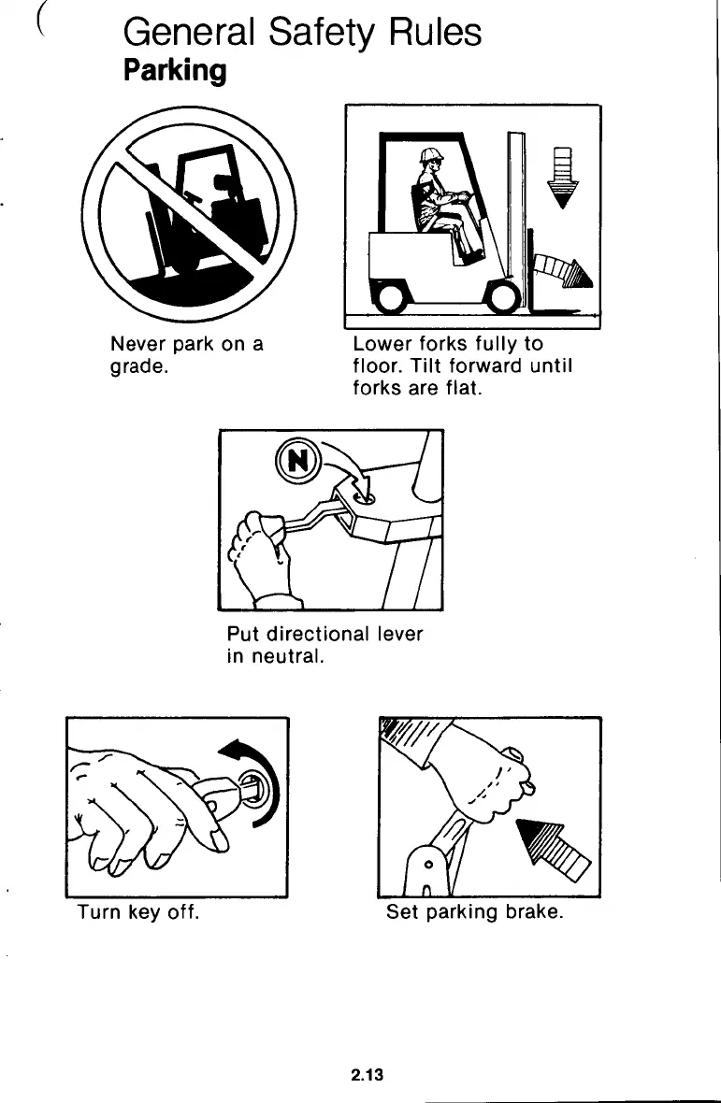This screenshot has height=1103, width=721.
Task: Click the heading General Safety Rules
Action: tap(302, 33)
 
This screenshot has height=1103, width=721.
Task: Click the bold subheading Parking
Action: tap(175, 71)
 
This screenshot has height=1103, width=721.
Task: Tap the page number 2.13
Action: tap(368, 1074)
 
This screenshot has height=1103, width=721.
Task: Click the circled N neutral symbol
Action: tap(297, 461)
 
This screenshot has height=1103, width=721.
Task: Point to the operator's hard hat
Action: tap(431, 155)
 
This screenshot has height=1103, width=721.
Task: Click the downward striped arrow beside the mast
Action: tap(563, 178)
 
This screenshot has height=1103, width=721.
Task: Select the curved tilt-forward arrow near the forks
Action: tap(563, 271)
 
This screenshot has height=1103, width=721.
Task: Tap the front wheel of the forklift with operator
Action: tap(505, 295)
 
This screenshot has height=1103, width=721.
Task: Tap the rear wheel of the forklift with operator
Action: tap(389, 295)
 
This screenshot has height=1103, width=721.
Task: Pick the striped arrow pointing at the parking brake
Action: tap(553, 849)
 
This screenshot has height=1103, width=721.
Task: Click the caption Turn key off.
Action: tap(137, 912)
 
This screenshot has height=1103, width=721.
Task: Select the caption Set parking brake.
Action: tap(475, 912)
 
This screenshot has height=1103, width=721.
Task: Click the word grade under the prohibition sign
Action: tap(139, 367)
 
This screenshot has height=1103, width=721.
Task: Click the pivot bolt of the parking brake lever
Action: tap(427, 864)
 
